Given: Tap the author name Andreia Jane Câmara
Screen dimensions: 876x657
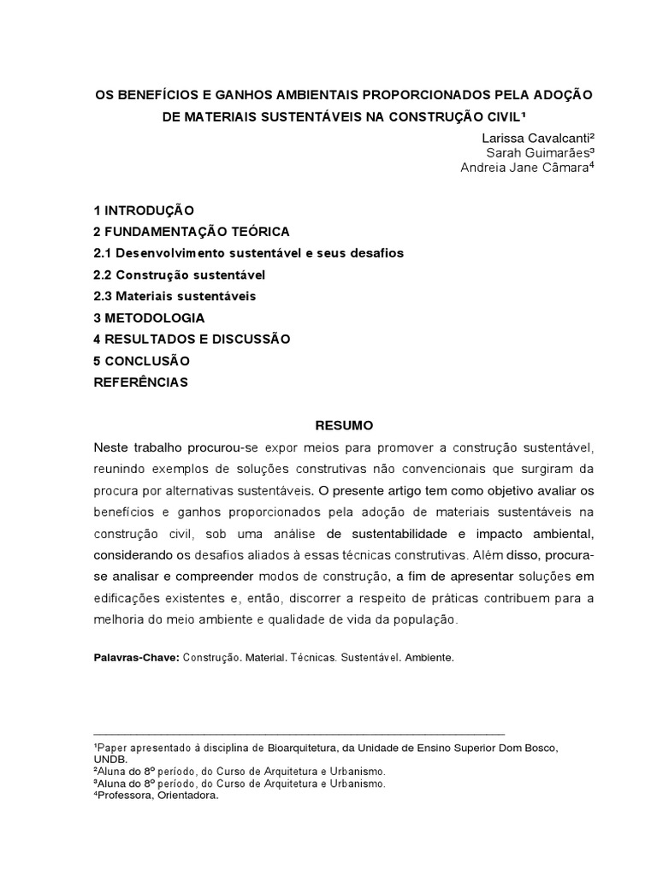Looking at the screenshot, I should click(524, 168).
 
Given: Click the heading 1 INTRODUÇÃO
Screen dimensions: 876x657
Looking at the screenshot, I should click(144, 210).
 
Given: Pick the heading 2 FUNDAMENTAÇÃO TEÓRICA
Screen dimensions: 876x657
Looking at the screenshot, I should click(192, 232).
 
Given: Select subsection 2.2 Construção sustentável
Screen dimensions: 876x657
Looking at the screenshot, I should click(180, 275).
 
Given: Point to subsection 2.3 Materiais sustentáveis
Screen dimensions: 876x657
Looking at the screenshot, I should click(175, 296).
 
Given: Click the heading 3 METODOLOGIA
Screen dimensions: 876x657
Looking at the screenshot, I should click(149, 318).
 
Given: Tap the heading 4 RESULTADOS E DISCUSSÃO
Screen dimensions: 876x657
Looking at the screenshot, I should click(192, 340).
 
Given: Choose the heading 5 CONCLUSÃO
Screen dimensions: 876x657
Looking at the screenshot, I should click(141, 361).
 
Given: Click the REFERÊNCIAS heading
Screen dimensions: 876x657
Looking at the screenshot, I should click(140, 382).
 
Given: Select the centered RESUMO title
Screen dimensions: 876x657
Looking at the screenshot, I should click(344, 425).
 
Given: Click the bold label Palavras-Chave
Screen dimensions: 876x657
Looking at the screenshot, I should click(136, 660).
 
